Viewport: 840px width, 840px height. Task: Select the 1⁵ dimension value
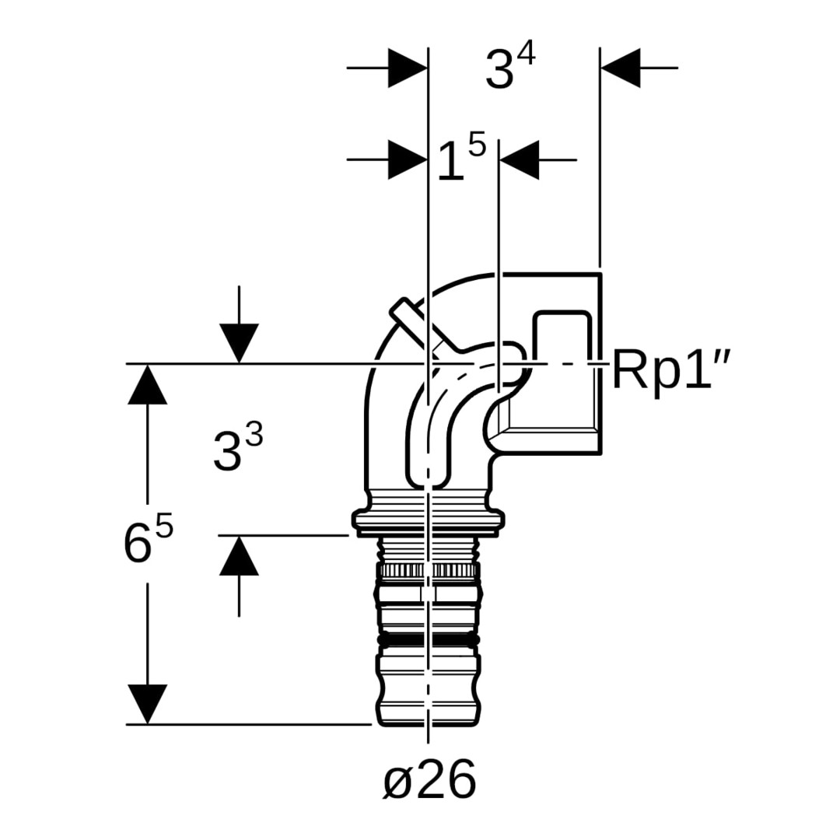[460, 159]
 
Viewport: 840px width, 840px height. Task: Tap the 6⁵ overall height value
[148, 541]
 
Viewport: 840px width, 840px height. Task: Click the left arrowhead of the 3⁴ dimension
[407, 68]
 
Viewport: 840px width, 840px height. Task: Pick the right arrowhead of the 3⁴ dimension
[621, 68]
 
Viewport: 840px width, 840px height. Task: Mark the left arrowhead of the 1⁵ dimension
[407, 160]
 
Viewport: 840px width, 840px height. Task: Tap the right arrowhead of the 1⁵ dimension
[520, 160]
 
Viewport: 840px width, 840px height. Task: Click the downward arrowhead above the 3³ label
[239, 343]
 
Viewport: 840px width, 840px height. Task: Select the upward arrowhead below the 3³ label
[239, 555]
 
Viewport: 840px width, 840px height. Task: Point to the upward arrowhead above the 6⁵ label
[147, 384]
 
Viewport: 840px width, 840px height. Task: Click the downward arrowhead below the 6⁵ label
[147, 703]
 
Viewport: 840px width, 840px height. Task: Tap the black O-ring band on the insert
[428, 640]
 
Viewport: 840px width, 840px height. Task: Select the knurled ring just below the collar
[428, 571]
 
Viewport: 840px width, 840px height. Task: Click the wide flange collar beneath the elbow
[429, 521]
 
